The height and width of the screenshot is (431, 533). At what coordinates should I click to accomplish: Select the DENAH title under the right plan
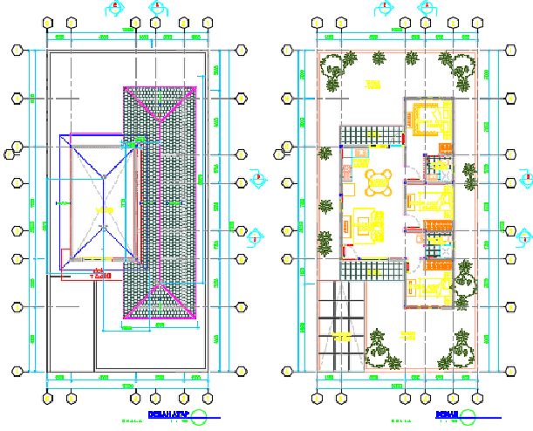447,414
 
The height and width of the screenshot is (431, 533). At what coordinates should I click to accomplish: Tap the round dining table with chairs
378,182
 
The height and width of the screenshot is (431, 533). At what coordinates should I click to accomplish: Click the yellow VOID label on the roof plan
104,211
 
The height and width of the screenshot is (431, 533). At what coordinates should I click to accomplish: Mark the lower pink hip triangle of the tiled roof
159,300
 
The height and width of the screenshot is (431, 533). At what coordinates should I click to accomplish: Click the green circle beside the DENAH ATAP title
200,417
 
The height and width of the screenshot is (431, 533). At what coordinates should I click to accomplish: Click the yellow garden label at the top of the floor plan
373,85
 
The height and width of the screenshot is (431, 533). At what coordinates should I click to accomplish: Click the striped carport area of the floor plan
342,332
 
